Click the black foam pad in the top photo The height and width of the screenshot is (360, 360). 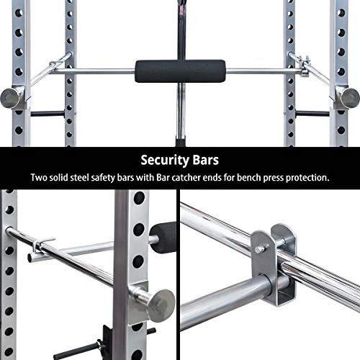point(179,72)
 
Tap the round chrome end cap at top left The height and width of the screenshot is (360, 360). point(14,96)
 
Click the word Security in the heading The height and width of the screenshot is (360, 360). point(162,159)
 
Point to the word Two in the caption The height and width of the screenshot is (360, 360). point(38,177)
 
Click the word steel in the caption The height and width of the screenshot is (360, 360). point(84,177)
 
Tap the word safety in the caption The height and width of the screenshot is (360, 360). point(116,177)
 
